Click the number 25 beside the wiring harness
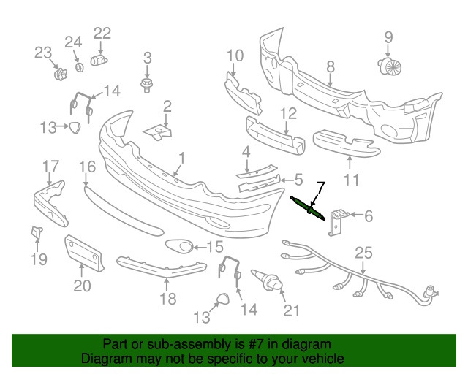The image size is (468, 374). (363, 253)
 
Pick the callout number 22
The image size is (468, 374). (102, 33)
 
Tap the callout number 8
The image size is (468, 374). (331, 66)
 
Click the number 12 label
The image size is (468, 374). (287, 113)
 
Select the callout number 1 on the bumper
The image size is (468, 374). (181, 157)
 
